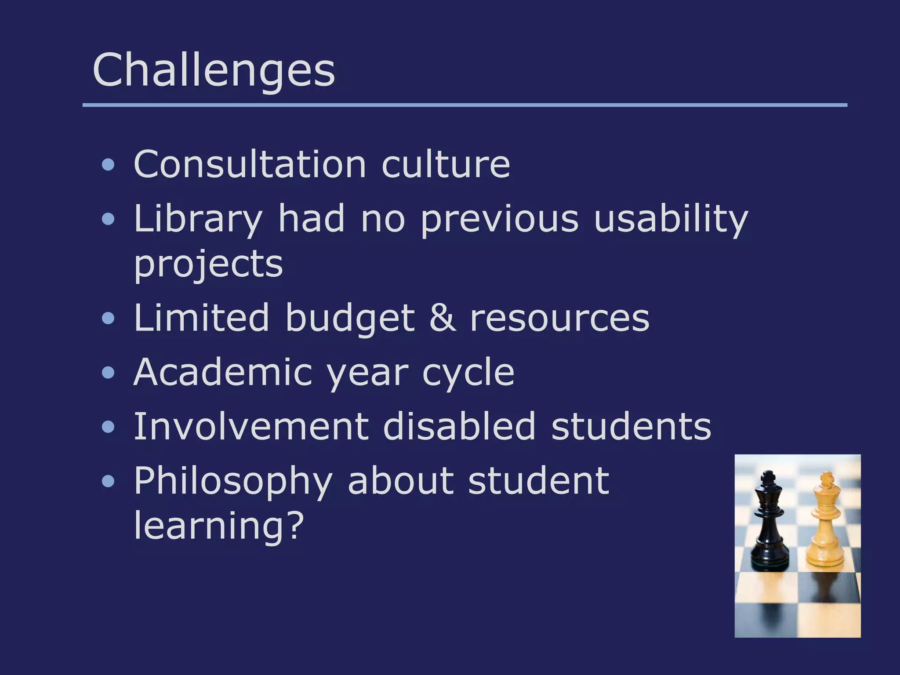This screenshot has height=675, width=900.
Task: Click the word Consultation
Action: (x=250, y=164)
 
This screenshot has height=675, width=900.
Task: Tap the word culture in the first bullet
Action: (x=446, y=164)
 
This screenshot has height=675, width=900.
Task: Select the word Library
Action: (x=198, y=219)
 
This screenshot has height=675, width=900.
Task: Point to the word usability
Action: (x=671, y=219)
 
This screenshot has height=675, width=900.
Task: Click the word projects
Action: (x=208, y=265)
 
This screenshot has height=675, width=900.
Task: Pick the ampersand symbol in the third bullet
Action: (x=442, y=317)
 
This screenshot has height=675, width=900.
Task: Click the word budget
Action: (x=350, y=318)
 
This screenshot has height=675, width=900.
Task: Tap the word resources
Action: (x=559, y=318)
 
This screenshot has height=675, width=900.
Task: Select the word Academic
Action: (x=222, y=372)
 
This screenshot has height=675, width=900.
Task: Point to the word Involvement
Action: (x=251, y=426)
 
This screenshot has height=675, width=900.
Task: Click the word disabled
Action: (x=459, y=426)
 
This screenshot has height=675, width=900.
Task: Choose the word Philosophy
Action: (x=233, y=482)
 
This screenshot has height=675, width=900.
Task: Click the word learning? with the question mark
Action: (x=218, y=526)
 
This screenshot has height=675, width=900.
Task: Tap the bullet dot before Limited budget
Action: (x=108, y=318)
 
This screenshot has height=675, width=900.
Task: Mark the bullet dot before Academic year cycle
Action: (x=108, y=373)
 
